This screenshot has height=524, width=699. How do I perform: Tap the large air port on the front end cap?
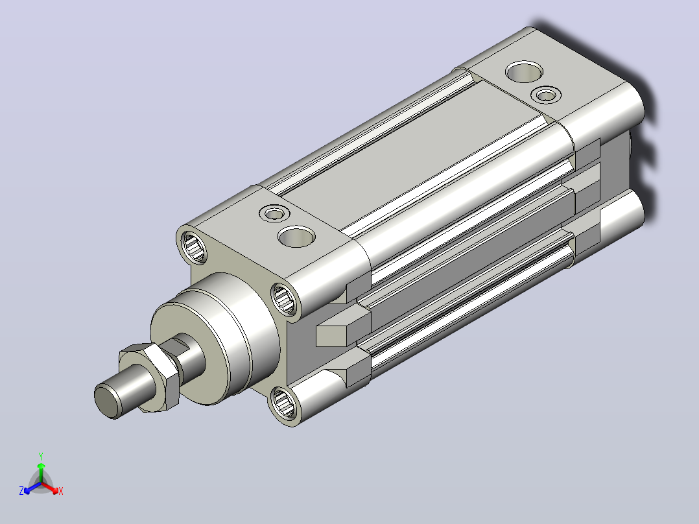tap(296, 236)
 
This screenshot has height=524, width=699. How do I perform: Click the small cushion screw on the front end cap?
tap(275, 213)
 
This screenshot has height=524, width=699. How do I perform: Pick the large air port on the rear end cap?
tap(524, 72)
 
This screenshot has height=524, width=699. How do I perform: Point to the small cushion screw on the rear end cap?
tap(546, 95)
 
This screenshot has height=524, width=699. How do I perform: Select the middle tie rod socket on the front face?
tap(284, 299)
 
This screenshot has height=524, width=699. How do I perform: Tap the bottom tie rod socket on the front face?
tap(283, 403)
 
